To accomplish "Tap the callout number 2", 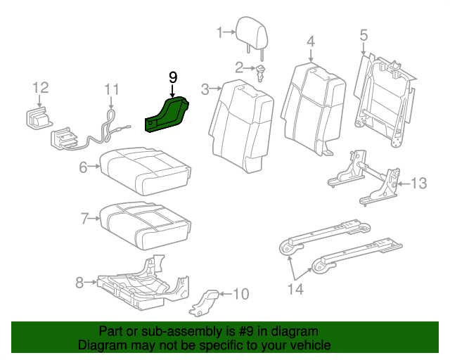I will [239, 67].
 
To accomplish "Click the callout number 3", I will [205, 89].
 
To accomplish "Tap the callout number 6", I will [83, 167].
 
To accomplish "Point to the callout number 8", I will [80, 283].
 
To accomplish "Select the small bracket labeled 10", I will [206, 300].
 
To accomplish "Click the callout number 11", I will [112, 89].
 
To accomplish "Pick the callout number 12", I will [41, 87].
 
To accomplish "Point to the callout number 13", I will [418, 184].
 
